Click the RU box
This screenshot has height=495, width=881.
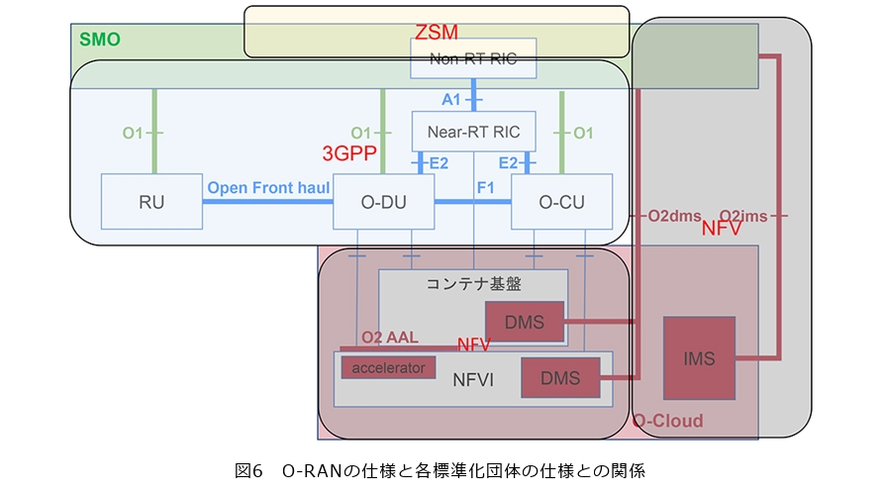151,203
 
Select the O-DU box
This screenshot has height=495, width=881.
383,203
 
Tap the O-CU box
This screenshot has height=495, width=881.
561,203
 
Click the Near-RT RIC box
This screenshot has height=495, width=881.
473,131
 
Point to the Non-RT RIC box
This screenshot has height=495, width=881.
473,59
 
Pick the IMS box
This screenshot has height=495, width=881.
699,358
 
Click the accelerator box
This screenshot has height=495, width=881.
389,367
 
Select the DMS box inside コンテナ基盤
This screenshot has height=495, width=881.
523,322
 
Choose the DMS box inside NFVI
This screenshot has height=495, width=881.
559,378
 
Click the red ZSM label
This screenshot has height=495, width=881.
437,32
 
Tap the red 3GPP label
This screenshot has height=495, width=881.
349,152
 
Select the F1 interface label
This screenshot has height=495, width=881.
486,186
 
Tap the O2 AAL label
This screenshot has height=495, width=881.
389,338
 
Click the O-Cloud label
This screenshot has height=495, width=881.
667,422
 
